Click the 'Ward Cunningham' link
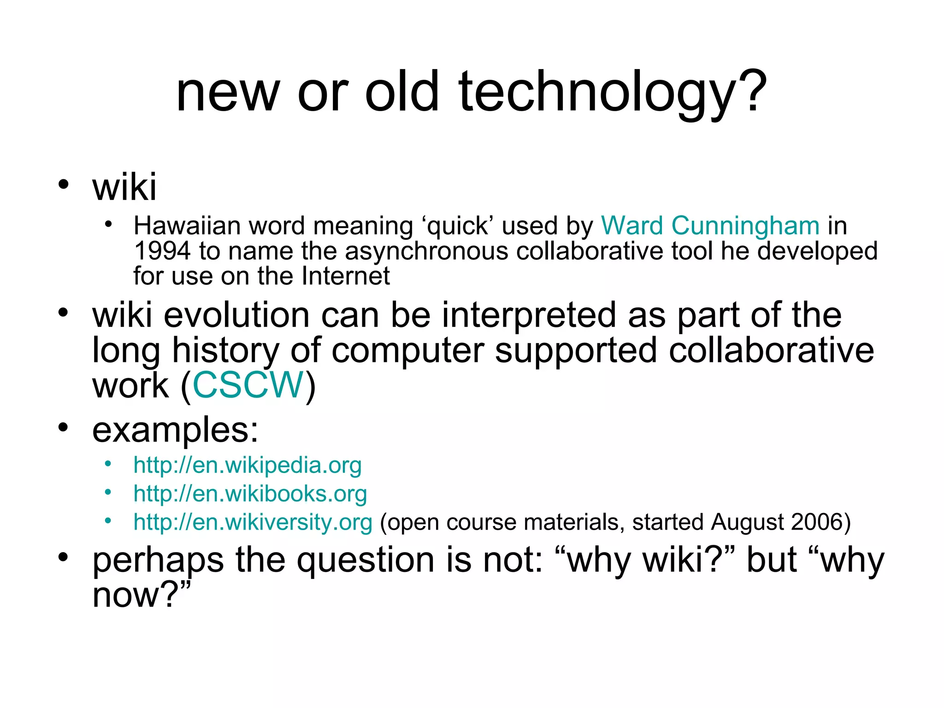click(710, 226)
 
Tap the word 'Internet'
click(346, 276)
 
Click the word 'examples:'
click(175, 430)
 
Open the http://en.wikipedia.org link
click(247, 465)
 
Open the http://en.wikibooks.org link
click(250, 494)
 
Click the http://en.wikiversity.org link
click(253, 522)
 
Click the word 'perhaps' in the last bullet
click(158, 561)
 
